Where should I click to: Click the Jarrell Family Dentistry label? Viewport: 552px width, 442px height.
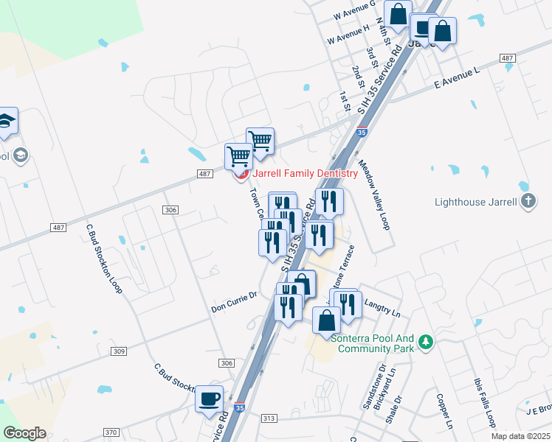tap(305, 174)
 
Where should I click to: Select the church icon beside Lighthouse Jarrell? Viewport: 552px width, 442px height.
tap(528, 201)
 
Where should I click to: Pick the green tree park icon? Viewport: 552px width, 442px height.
tap(425, 343)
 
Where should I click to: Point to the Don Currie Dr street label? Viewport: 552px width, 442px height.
tap(233, 301)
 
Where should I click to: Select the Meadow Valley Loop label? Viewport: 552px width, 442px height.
tap(373, 196)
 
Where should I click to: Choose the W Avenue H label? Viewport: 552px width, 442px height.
tap(348, 34)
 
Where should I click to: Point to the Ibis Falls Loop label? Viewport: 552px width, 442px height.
tap(483, 403)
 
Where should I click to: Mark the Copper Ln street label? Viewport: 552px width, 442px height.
tap(444, 411)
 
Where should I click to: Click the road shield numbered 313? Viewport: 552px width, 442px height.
tap(269, 418)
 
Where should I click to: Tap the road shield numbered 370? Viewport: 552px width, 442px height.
tap(111, 432)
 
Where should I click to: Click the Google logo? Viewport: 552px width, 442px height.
tap(24, 433)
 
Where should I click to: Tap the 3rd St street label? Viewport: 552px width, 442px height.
tap(371, 57)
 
